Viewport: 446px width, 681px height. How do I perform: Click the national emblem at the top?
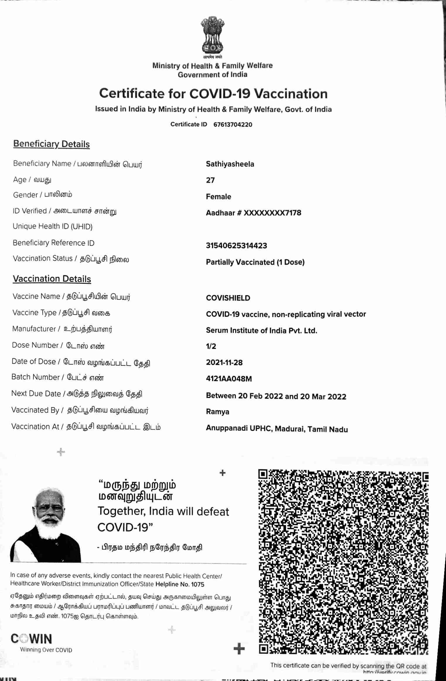tap(213, 36)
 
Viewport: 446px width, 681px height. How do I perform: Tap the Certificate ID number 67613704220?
tap(233, 124)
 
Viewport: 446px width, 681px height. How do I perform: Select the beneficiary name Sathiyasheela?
tap(230, 164)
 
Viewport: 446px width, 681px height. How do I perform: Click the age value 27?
tap(210, 180)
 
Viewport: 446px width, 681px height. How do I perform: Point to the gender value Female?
tap(218, 196)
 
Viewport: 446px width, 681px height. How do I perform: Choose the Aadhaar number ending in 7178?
tap(253, 213)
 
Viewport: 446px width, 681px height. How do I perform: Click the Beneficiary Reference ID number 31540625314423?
tap(236, 245)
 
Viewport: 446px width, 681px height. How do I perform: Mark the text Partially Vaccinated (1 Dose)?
tap(255, 262)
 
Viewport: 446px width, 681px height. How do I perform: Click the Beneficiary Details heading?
tap(52, 144)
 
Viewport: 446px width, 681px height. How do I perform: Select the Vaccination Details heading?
tap(52, 279)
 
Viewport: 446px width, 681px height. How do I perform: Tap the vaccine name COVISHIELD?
tap(228, 298)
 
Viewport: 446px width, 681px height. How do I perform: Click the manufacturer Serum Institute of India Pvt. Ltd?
tap(262, 331)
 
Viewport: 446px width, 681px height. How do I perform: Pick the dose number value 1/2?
tap(211, 346)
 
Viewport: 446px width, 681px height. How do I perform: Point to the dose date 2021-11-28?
tap(224, 362)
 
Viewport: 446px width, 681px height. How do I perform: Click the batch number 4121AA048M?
tap(229, 379)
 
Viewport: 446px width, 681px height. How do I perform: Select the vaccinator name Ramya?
tap(218, 412)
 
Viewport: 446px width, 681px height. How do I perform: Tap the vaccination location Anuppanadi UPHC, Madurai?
tap(277, 429)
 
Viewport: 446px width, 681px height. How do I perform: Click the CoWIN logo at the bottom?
tap(32, 639)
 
